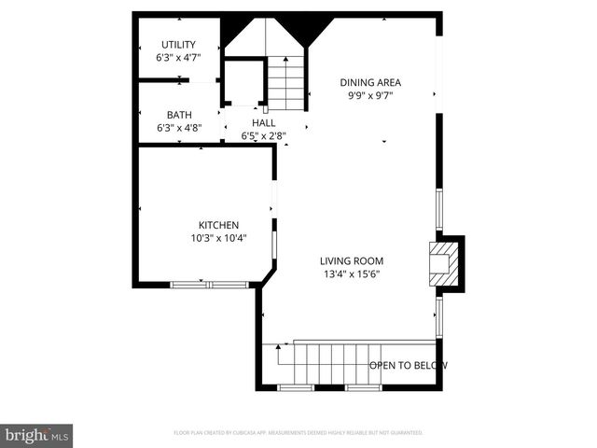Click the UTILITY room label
pos(177,45)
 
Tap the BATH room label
pos(179,115)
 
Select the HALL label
pos(263,122)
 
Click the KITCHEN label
pos(218,225)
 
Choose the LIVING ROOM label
pos(352,261)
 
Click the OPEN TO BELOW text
pos(409,365)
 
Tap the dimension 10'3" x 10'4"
pos(218,238)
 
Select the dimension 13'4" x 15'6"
pos(352,274)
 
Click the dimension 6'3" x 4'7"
pos(177,58)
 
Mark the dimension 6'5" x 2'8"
pos(263,135)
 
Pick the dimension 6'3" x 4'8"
pos(179,128)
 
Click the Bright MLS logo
pos(37,435)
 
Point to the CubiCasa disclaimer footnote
pos(298,433)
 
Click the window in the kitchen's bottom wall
pos(206,284)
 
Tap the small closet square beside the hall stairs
pos(244,83)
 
